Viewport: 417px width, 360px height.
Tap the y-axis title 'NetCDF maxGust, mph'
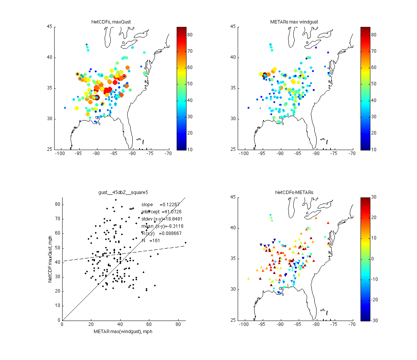(x=50, y=258)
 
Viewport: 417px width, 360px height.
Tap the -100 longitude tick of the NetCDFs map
(x=60, y=154)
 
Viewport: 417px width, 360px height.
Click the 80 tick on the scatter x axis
(x=179, y=325)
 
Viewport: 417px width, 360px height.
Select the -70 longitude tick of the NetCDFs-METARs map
(x=352, y=325)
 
